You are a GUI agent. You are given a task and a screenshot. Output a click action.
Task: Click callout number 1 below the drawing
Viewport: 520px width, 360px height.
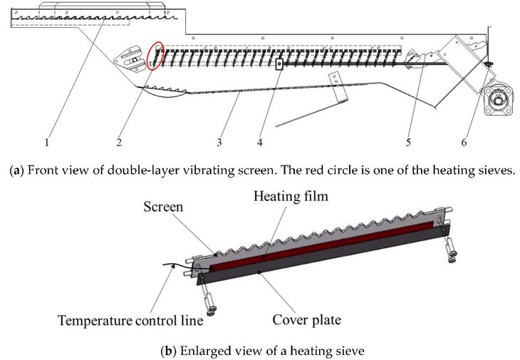(x=47, y=143)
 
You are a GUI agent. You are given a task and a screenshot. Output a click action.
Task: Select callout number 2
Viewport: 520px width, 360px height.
(x=119, y=143)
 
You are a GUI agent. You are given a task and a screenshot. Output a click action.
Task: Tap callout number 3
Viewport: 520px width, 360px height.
(x=219, y=143)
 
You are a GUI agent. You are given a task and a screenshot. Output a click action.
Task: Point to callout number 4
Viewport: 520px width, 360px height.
(x=260, y=143)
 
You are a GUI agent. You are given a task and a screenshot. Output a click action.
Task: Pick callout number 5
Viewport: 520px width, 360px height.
(x=408, y=143)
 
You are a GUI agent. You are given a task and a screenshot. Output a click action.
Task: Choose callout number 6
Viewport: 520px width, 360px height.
(x=464, y=143)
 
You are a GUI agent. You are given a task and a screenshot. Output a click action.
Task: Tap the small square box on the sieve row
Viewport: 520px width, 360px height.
(x=279, y=63)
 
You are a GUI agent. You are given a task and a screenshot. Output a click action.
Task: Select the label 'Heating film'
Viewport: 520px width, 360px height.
(x=291, y=196)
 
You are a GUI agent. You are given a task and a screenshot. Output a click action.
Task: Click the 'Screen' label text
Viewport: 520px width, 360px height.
(x=163, y=207)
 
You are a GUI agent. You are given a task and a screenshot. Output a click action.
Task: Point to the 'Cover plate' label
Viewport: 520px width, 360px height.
(x=307, y=320)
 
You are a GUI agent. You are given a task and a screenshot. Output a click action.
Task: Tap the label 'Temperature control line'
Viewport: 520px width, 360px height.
(x=130, y=321)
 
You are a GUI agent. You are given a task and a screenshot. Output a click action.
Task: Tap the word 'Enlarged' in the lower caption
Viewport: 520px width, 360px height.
(x=202, y=351)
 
